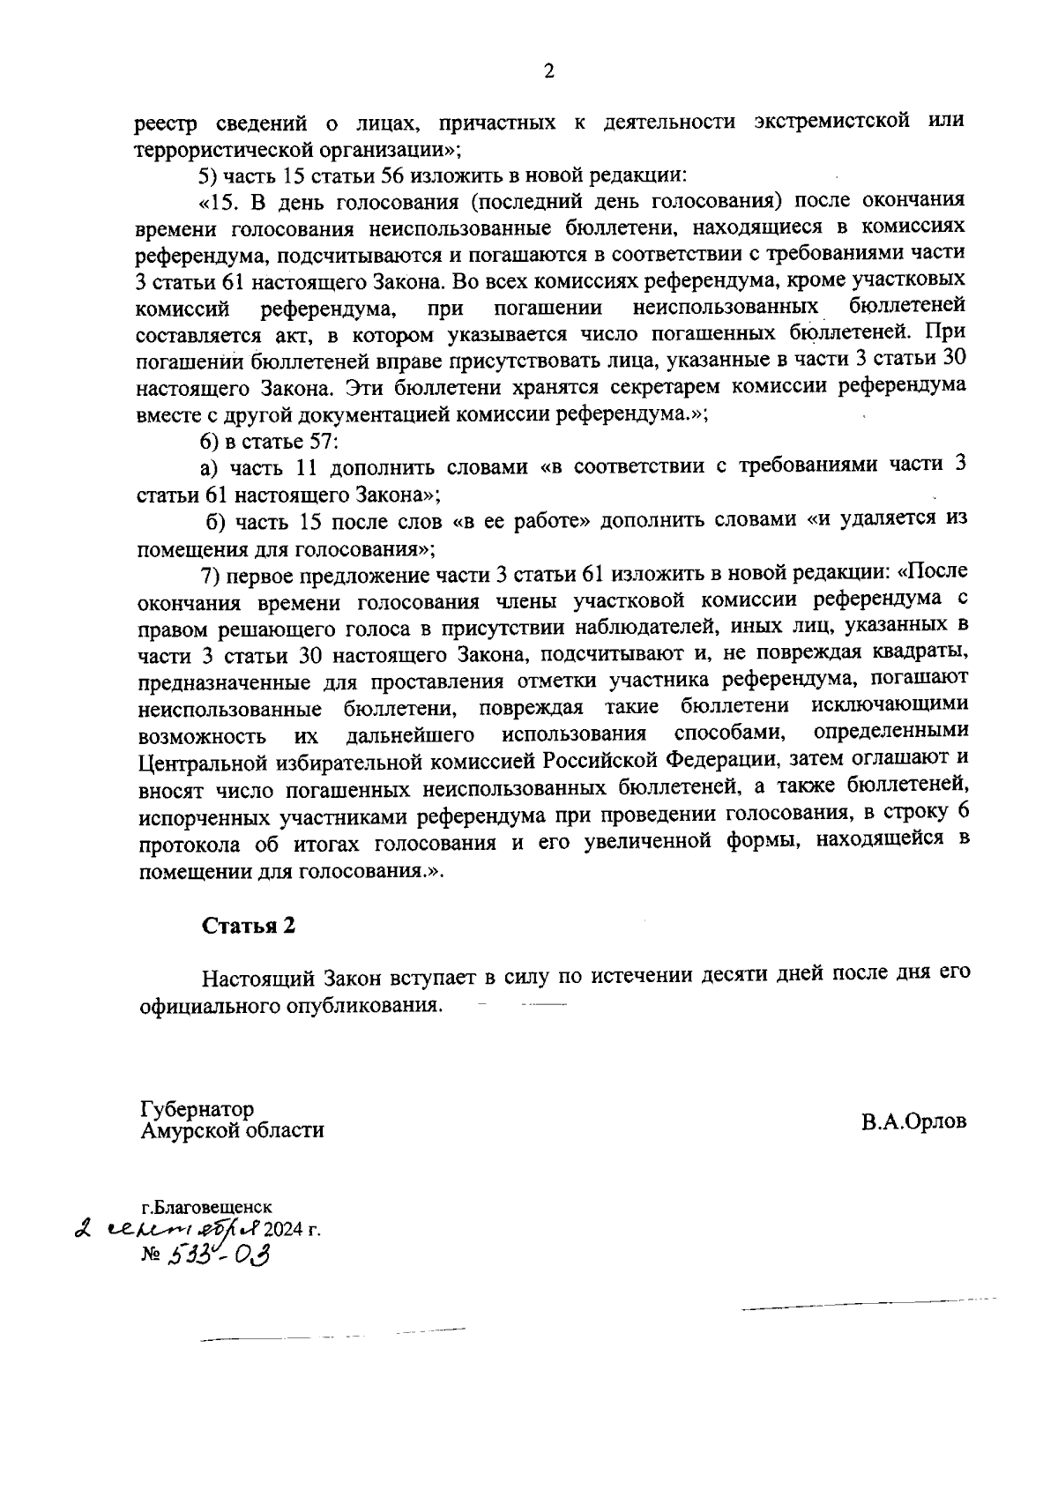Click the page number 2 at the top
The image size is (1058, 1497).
point(548,71)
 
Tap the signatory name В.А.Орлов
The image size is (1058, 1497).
point(914,1121)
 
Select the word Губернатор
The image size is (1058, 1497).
point(197,1108)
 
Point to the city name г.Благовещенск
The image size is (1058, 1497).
point(207,1207)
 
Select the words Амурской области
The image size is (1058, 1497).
point(232,1129)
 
